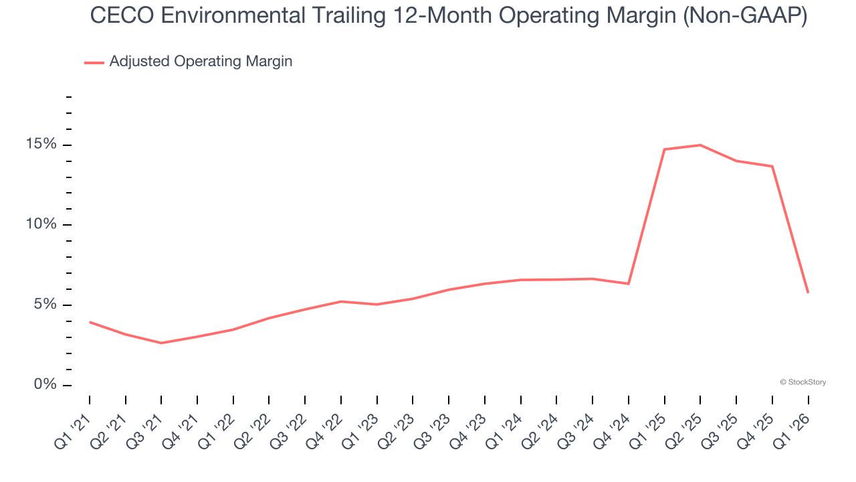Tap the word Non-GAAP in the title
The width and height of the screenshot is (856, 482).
(x=743, y=16)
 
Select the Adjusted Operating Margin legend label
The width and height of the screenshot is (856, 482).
(x=201, y=62)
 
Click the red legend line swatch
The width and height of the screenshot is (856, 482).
(x=94, y=62)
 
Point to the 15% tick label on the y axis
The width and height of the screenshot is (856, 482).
(x=41, y=145)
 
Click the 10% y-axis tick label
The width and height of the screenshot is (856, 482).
(x=41, y=225)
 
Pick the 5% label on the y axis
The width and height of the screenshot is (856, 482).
(x=45, y=305)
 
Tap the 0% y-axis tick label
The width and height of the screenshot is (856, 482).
(x=45, y=385)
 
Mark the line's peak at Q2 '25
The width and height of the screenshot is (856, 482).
(x=700, y=145)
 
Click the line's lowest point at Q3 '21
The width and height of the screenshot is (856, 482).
(x=161, y=343)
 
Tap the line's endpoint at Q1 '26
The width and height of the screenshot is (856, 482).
(x=808, y=293)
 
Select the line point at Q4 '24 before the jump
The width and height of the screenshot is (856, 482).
(x=629, y=284)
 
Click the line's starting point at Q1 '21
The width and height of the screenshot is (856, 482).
(x=90, y=322)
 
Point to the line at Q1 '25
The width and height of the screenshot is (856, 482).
(x=664, y=149)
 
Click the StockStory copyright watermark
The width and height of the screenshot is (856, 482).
(x=802, y=382)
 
